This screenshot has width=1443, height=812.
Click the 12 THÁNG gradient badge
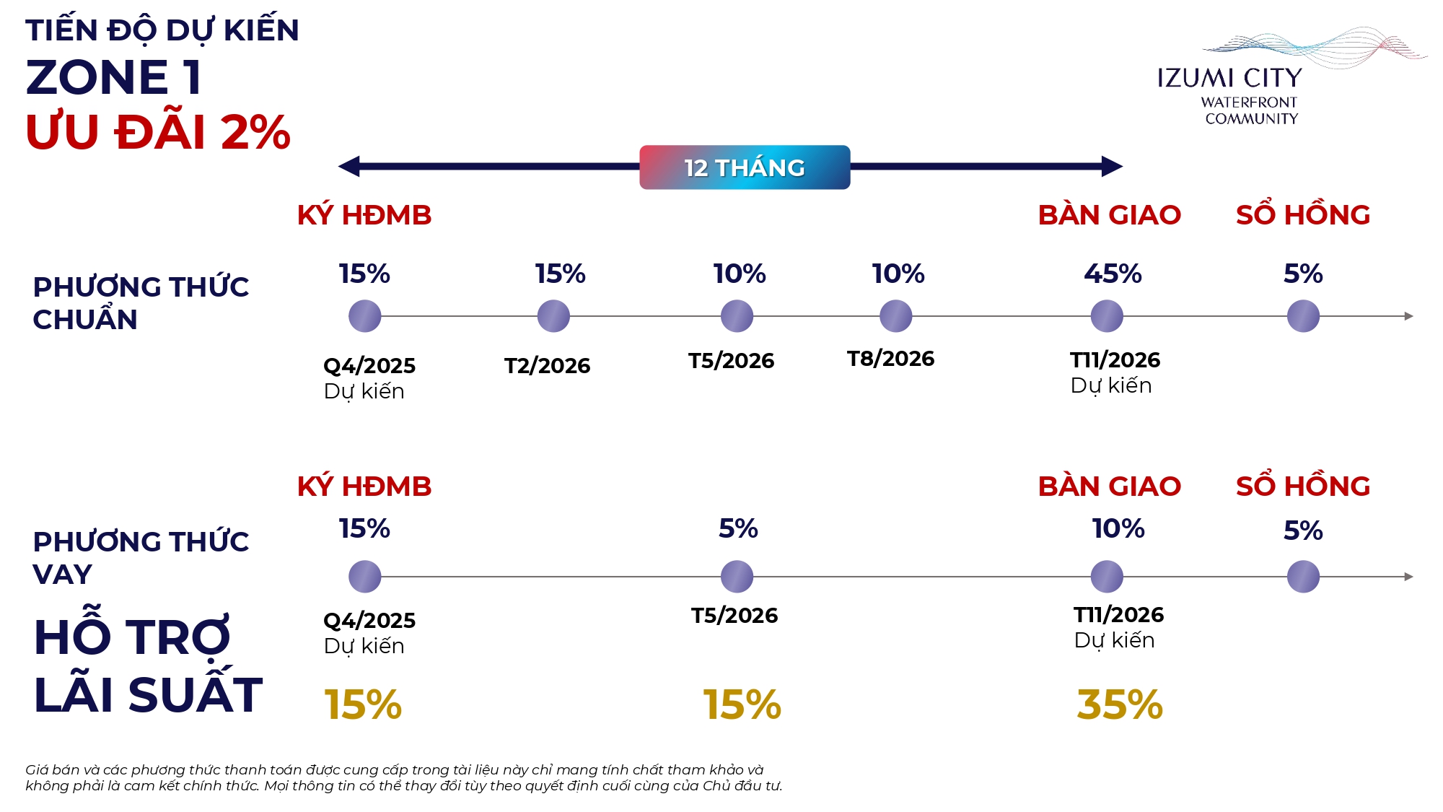[x=745, y=167]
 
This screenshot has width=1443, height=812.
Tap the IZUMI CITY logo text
[x=1229, y=78]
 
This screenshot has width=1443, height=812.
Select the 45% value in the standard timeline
[x=1113, y=274]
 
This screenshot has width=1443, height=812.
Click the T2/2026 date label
[x=547, y=366]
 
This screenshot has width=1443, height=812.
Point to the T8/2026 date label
[x=890, y=359]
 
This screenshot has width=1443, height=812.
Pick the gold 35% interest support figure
[x=1119, y=704]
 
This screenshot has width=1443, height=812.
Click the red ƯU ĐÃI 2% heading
[x=158, y=132]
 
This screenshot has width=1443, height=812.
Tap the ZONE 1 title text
[x=113, y=77]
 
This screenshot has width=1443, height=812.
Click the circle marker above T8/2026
[x=895, y=316]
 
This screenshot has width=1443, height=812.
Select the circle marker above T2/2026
[x=553, y=316]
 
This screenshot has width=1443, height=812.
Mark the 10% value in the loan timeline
[x=1118, y=528]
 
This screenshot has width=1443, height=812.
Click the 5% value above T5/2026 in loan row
[x=737, y=528]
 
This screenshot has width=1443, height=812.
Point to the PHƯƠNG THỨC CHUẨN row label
[x=141, y=303]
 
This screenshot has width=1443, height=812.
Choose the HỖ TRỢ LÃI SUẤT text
[x=148, y=666]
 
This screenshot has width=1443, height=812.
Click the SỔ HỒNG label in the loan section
[x=1302, y=486]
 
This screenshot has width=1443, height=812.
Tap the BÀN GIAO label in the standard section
[x=1109, y=215]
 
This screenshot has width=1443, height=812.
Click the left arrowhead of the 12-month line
[x=349, y=167]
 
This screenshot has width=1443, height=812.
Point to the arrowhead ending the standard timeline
[x=1408, y=316]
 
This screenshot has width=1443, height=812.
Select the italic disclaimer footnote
[x=403, y=778]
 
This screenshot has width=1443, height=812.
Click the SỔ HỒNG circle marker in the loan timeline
[x=1303, y=577]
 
